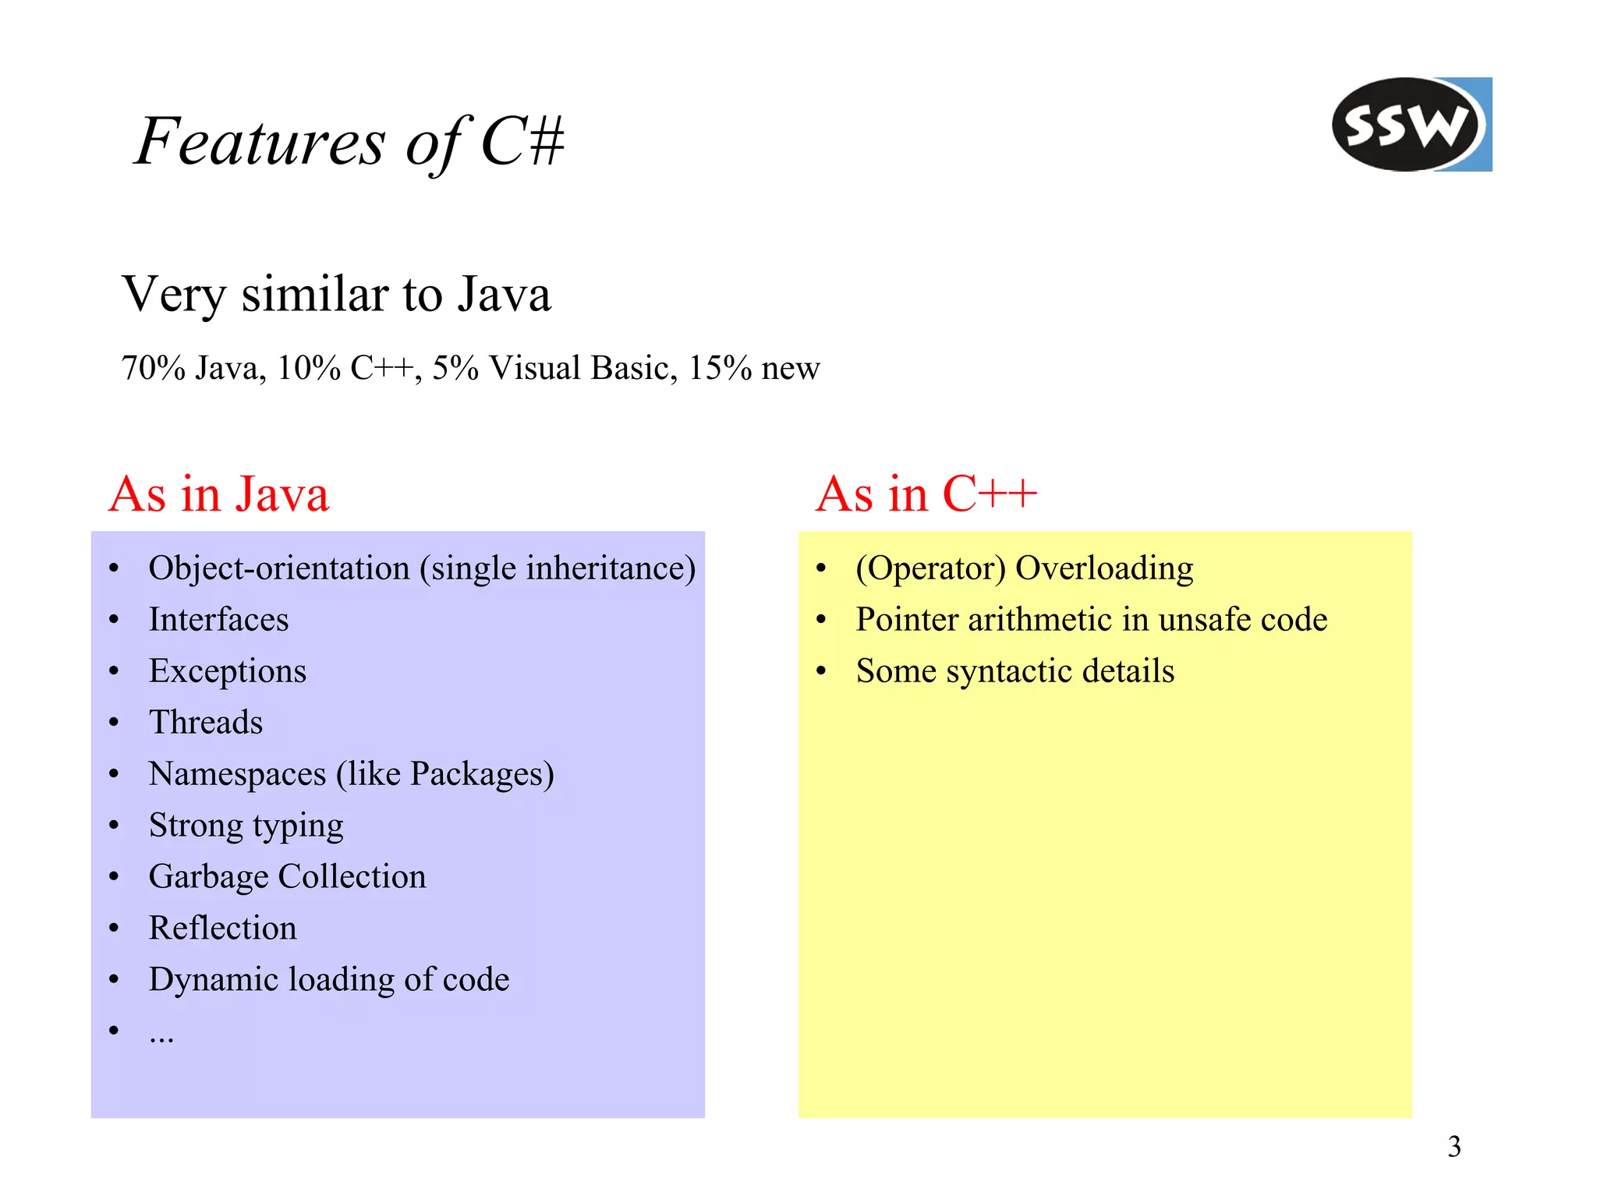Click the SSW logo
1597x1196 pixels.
[1411, 125]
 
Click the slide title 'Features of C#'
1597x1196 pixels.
[349, 142]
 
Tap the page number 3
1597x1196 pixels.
[1454, 1147]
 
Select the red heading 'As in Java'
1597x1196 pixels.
[219, 494]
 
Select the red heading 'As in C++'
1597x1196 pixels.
[926, 494]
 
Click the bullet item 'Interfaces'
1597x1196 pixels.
[218, 620]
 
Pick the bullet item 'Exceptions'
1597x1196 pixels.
[227, 671]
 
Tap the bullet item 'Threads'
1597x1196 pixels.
[206, 723]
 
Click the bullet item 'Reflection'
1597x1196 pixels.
[222, 929]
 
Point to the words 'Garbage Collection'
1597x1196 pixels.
[287, 877]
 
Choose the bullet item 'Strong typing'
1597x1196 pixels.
[246, 826]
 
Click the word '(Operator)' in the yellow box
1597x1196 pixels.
[930, 568]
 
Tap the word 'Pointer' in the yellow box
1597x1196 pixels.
[907, 620]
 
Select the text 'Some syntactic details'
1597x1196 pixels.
[1015, 671]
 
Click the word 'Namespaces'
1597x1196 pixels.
[237, 774]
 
